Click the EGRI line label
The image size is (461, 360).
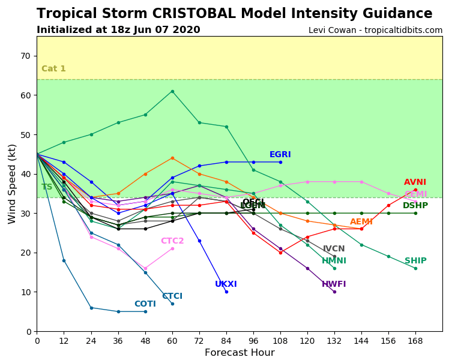[280, 155]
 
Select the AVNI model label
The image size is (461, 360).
[415, 182]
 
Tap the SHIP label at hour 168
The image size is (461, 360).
[415, 261]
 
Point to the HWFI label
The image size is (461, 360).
[334, 284]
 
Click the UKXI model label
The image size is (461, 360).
[226, 284]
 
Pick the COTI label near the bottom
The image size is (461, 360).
[145, 304]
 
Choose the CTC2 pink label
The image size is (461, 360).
[172, 241]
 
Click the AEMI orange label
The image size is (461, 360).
[361, 222]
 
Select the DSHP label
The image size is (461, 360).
[415, 206]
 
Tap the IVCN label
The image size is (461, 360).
[334, 249]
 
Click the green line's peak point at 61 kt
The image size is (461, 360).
[172, 91]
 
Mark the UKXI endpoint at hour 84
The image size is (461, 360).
[226, 292]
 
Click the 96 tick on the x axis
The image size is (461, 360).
[253, 340]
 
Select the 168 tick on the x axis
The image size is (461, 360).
[415, 340]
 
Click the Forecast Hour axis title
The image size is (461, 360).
[240, 353]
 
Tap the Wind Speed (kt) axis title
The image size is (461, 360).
[13, 184]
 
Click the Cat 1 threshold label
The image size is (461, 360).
[53, 69]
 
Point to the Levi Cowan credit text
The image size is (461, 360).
[375, 30]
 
